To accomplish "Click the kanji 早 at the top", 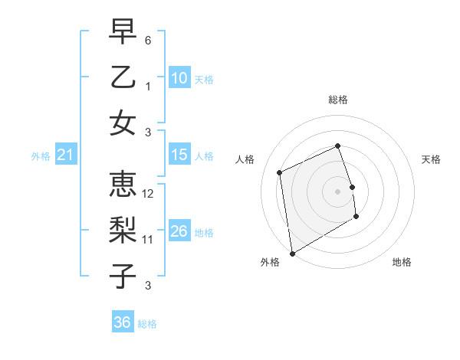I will click(x=123, y=31).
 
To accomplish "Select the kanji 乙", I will click(x=123, y=77).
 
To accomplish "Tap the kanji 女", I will click(x=123, y=123).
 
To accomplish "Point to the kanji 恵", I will click(x=123, y=185).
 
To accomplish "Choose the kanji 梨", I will click(x=123, y=231).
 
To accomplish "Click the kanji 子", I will click(x=123, y=277).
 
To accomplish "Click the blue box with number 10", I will click(x=179, y=77).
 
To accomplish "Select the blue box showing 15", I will click(x=179, y=155).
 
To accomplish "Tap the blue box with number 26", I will click(x=179, y=231).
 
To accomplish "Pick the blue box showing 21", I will click(x=65, y=155).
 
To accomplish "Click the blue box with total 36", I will click(x=123, y=322).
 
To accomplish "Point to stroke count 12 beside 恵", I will click(x=149, y=194).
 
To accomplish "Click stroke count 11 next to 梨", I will click(x=149, y=240).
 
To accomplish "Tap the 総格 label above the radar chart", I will click(x=338, y=100).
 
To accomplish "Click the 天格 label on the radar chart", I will click(x=432, y=159).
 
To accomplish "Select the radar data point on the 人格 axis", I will click(x=280, y=172).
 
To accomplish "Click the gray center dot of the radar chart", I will click(x=338, y=191).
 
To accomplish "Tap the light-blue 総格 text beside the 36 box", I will click(x=148, y=324).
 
